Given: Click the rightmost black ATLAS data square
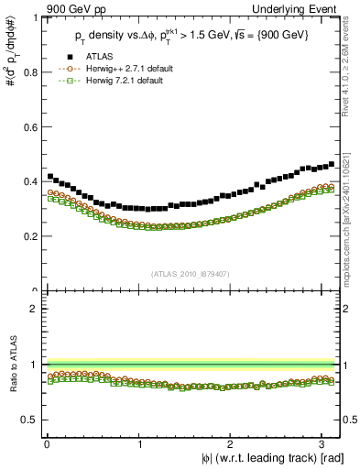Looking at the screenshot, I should pos(331,165).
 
